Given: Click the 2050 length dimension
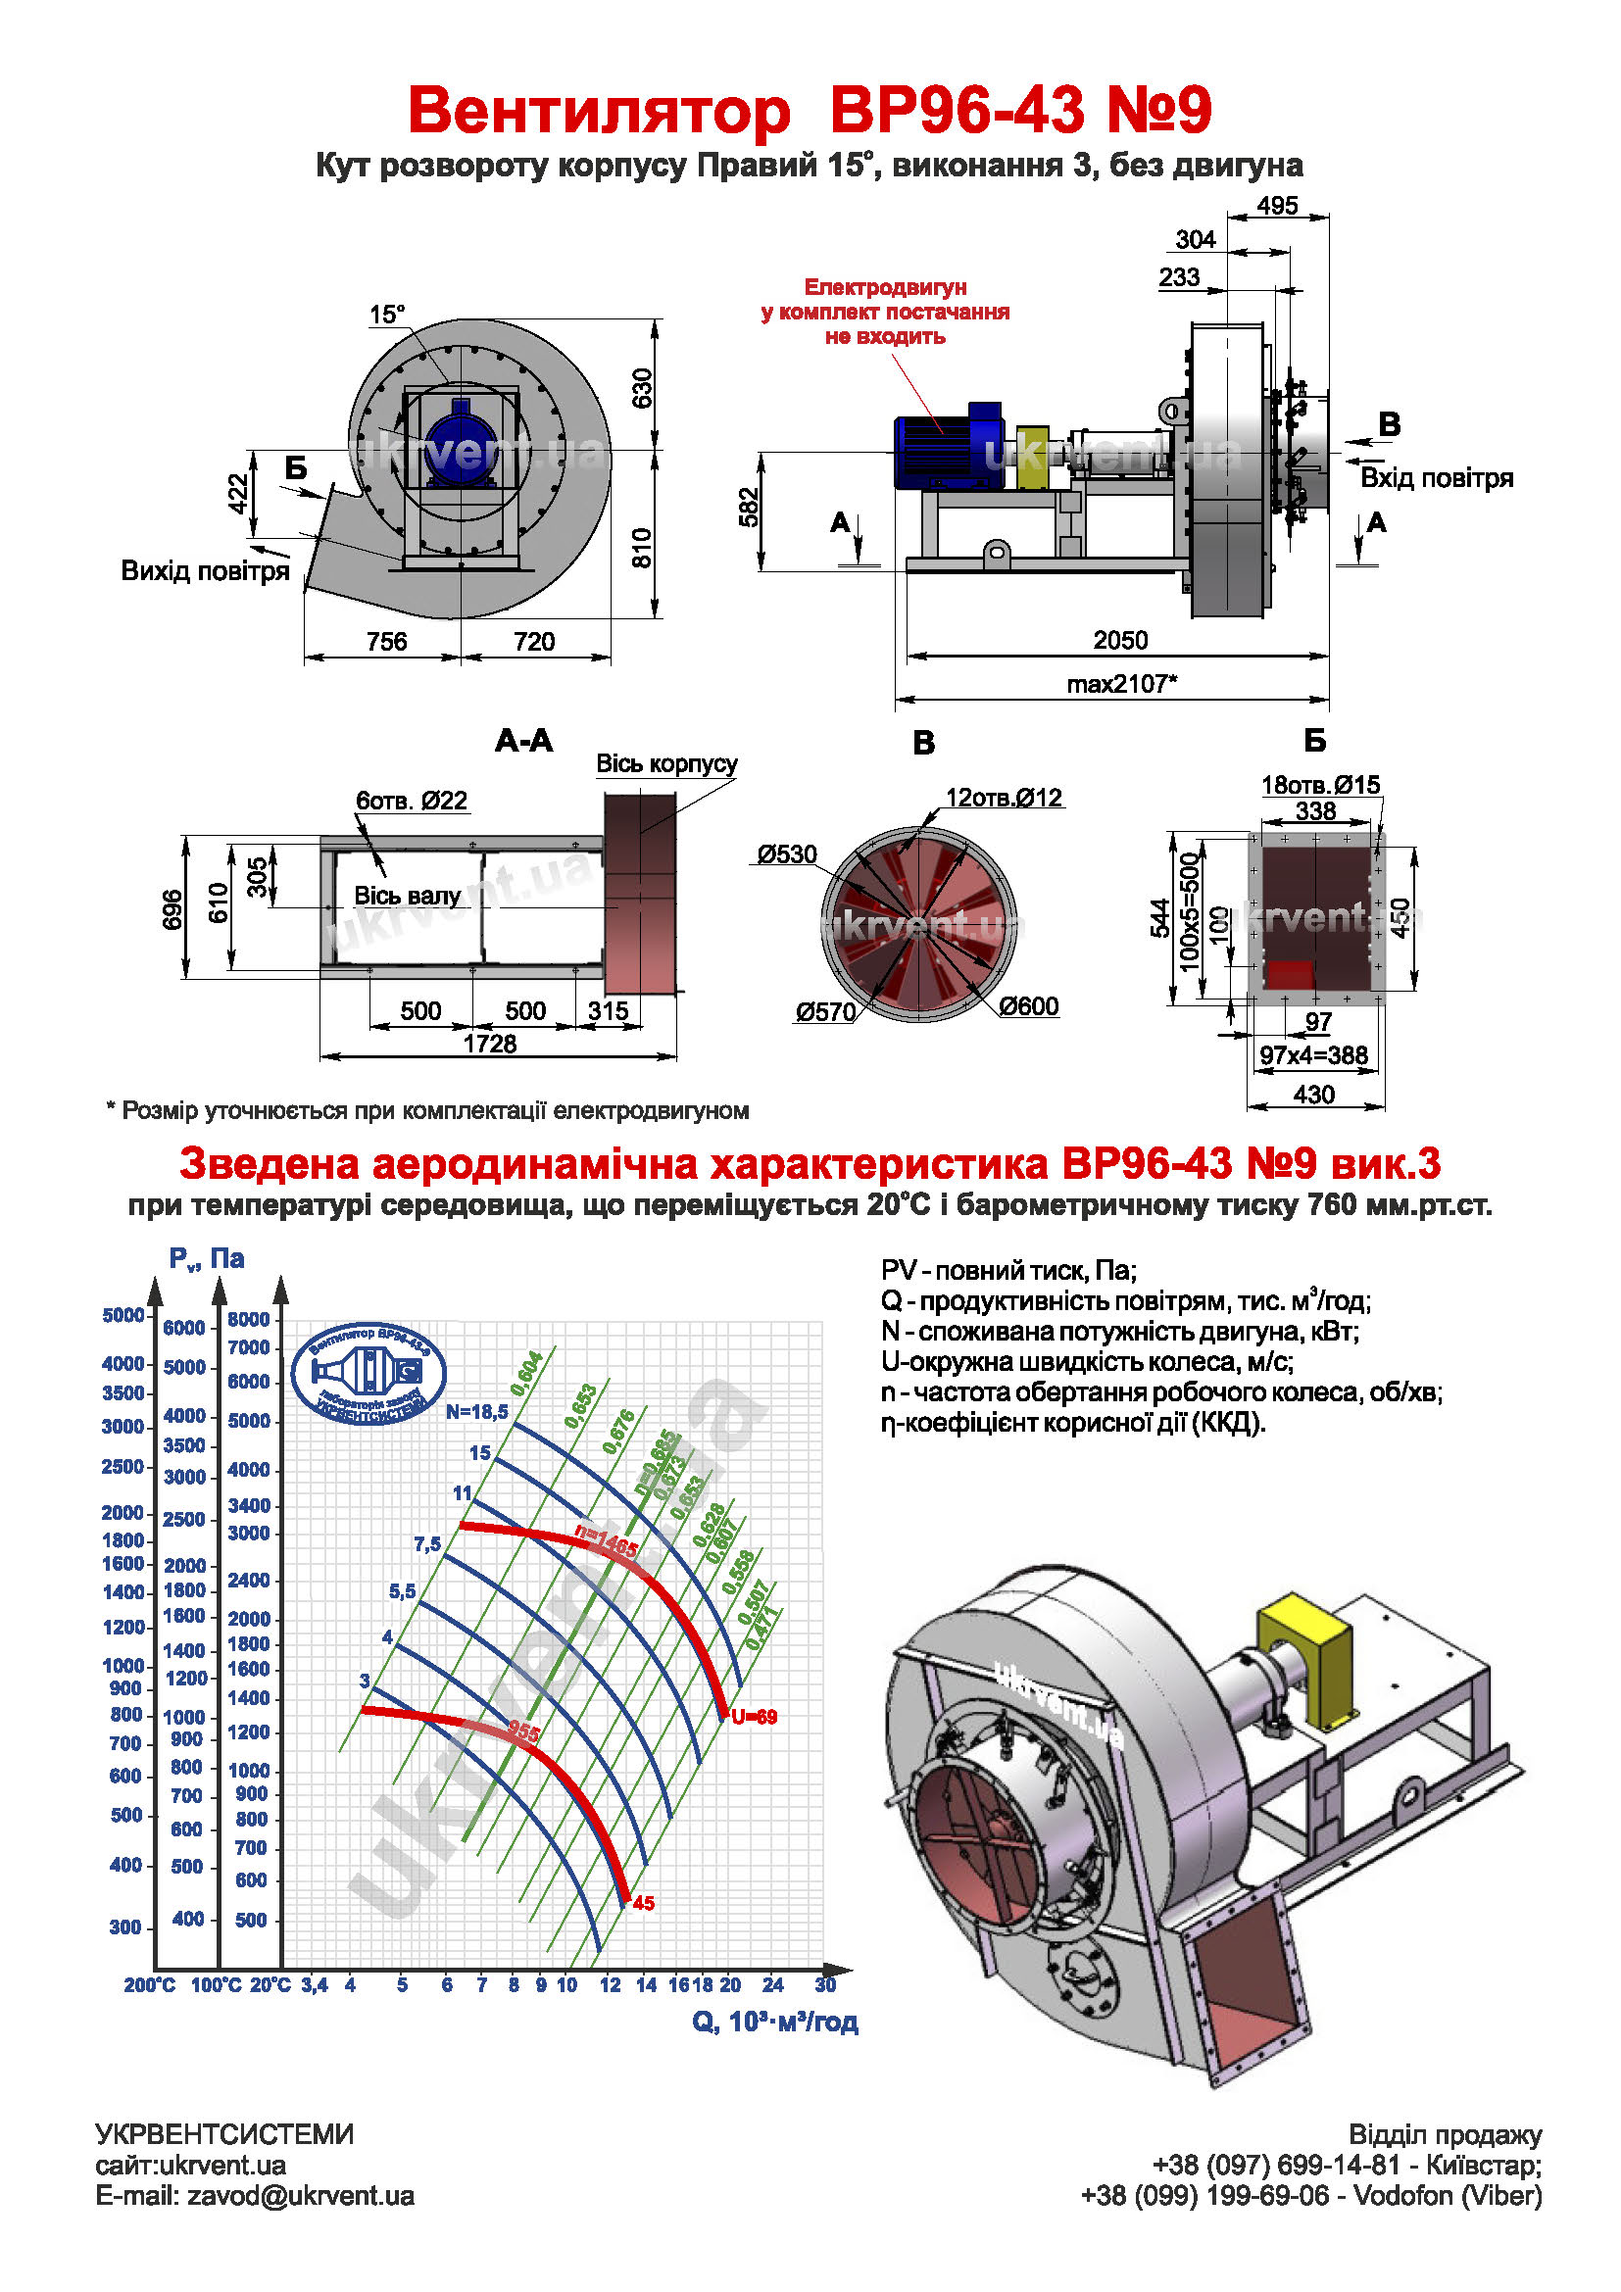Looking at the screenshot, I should (1120, 640).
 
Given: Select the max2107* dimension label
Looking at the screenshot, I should (1121, 684).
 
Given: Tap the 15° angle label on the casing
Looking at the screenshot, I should (387, 315).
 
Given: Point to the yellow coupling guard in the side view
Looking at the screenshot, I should (1032, 459).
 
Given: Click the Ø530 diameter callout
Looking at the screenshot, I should (787, 854).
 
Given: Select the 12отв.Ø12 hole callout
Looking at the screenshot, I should (1004, 798).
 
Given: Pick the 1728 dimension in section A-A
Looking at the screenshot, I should (489, 1044).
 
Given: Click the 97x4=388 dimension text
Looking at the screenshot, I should (1312, 1055).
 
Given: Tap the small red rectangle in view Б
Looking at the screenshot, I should (1289, 973).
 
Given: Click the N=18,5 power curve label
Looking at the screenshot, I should (476, 1411).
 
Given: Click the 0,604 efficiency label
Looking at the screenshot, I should (526, 1374).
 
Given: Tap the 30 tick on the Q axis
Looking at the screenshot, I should (824, 1984).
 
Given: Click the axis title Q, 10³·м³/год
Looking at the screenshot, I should (774, 2022).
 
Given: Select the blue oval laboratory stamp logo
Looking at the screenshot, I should (368, 1374).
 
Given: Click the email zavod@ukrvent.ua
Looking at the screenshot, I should (255, 2196).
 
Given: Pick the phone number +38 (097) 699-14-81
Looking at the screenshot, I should (1276, 2166).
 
